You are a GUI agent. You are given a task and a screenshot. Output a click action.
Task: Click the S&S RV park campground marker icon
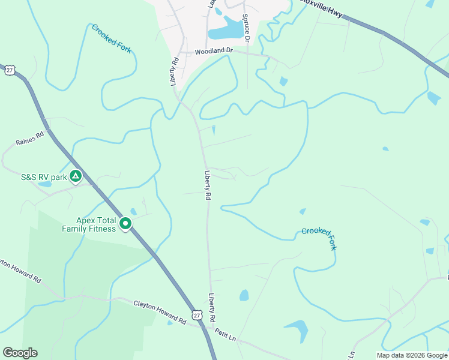point(76,176)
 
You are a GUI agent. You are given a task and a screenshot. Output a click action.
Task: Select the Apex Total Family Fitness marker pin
point(125,224)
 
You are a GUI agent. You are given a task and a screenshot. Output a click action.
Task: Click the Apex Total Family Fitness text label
point(88,224)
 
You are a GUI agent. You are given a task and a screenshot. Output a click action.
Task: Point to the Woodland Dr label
point(213,52)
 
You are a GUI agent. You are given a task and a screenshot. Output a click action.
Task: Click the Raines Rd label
point(31,140)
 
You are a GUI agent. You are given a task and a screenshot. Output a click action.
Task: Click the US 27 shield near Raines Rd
point(9,70)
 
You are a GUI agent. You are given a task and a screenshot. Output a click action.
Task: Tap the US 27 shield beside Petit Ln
point(197,314)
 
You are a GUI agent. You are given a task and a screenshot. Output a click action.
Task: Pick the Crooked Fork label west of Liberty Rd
point(111,38)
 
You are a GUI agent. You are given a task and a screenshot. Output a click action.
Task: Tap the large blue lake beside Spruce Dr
point(224,28)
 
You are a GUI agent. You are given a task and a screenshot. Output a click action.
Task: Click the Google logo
point(20,353)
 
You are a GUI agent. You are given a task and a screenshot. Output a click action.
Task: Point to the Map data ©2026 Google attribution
point(412,355)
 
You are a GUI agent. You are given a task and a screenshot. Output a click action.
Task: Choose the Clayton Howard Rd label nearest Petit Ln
point(160,313)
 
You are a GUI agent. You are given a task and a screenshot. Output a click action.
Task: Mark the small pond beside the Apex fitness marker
point(133,212)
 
